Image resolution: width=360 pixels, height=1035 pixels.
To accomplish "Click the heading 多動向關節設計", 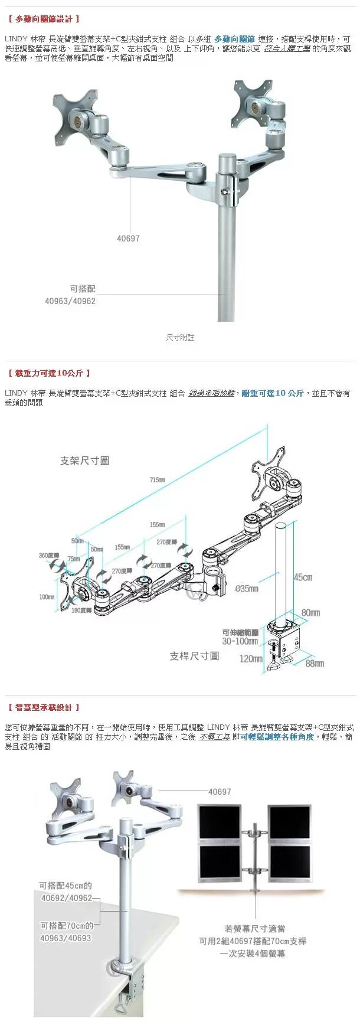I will coord(44,19).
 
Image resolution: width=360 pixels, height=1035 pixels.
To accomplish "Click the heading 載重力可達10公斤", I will coord(50,373).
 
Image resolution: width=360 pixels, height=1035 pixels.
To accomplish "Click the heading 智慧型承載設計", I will coord(44,707).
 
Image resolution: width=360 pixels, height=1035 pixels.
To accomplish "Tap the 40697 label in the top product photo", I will coord(128,239).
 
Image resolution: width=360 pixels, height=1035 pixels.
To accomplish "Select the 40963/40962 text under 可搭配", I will coord(70,301).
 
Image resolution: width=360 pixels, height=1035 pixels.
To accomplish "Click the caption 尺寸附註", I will coord(180,338).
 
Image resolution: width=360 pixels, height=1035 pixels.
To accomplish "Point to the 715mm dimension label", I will coord(157,480).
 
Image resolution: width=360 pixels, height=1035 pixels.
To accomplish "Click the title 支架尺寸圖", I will coord(84,461).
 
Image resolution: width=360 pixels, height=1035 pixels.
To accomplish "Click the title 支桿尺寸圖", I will coord(194,656).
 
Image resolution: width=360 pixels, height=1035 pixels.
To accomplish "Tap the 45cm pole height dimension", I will coord(303,577).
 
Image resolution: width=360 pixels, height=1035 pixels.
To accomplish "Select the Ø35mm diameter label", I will coord(246,589).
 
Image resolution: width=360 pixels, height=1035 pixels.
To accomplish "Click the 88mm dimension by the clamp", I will coord(315,664).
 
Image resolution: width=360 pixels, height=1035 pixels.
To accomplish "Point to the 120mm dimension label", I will coord(250,658).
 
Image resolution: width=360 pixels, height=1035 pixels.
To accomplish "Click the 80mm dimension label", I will coord(310,613).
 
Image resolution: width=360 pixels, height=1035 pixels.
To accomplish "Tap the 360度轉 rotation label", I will coord(49,556).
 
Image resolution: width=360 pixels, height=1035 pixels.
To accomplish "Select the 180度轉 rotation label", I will coord(81,610).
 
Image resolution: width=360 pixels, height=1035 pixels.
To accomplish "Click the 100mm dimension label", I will coord(47,597).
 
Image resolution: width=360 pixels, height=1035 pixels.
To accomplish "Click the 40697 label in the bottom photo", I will coord(220,792).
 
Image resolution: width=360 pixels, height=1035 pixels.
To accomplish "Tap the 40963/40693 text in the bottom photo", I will coord(66,938).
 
